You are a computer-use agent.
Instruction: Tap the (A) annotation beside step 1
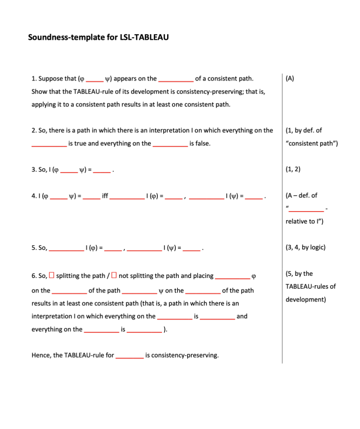pyautogui.click(x=290, y=79)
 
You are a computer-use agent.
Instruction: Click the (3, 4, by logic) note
pyautogui.click(x=305, y=248)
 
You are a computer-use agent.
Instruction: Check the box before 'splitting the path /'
pyautogui.click(x=51, y=275)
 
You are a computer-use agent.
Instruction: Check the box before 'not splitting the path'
pyautogui.click(x=114, y=275)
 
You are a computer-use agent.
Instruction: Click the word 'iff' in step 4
pyautogui.click(x=105, y=196)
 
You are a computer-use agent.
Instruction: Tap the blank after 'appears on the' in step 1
pyautogui.click(x=176, y=79)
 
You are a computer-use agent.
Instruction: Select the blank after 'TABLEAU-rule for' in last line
pyautogui.click(x=129, y=356)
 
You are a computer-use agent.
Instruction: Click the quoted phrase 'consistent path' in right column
pyautogui.click(x=312, y=143)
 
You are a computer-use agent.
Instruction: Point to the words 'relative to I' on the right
pyautogui.click(x=304, y=221)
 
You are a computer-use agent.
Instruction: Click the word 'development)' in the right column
pyautogui.click(x=306, y=299)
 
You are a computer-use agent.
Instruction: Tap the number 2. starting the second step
pyautogui.click(x=34, y=130)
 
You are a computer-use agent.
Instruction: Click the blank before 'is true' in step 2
pyautogui.click(x=49, y=144)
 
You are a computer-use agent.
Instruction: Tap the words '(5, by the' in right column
pyautogui.click(x=299, y=274)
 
